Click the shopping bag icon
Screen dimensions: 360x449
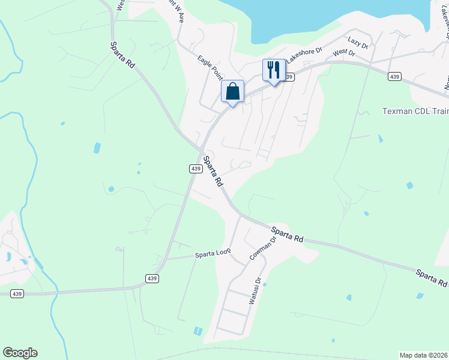pyautogui.click(x=233, y=92)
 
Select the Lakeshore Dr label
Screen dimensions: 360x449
pyautogui.click(x=304, y=55)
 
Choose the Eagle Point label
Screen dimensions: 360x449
pyautogui.click(x=210, y=67)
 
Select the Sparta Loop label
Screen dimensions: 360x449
pyautogui.click(x=213, y=254)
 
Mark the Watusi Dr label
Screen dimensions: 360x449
pyautogui.click(x=255, y=290)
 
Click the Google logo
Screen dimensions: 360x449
pyautogui.click(x=20, y=353)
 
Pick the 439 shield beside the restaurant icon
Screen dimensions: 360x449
pyautogui.click(x=289, y=77)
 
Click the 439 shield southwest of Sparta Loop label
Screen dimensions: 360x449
pyautogui.click(x=152, y=278)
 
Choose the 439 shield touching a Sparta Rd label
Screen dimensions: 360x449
pyautogui.click(x=196, y=169)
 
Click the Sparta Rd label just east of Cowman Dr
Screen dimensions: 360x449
pyautogui.click(x=287, y=234)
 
